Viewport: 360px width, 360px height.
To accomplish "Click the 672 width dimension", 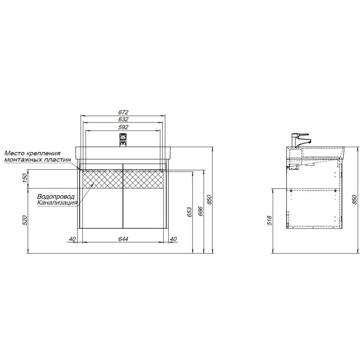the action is pyautogui.click(x=123, y=112).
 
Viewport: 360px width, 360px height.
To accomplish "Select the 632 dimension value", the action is pyautogui.click(x=123, y=119).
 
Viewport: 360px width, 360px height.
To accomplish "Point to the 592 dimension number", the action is pyautogui.click(x=123, y=127).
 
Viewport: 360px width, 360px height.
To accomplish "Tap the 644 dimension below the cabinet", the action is pyautogui.click(x=123, y=239).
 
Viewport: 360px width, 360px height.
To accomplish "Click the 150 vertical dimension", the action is pyautogui.click(x=25, y=178).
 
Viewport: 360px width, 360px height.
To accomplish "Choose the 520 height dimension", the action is pyautogui.click(x=25, y=220).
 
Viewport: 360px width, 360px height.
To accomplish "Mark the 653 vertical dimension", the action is pyautogui.click(x=189, y=212).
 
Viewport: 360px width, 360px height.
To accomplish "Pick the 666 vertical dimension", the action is pyautogui.click(x=200, y=211).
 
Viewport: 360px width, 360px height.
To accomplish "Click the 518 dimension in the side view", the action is pyautogui.click(x=269, y=220).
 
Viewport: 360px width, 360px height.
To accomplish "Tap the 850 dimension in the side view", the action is pyautogui.click(x=355, y=199).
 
